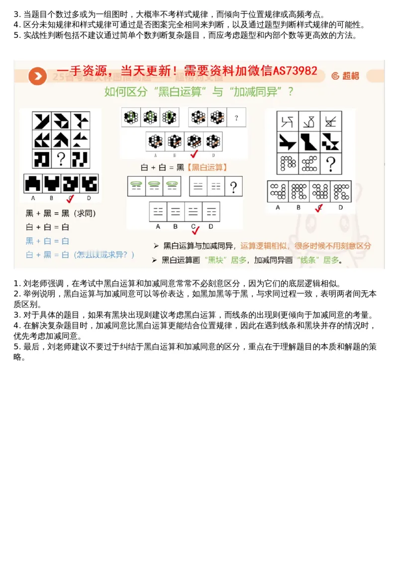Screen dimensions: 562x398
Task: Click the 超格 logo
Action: coord(345,76)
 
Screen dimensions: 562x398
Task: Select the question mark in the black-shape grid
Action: coord(61,159)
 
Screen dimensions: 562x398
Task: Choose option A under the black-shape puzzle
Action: coord(33,184)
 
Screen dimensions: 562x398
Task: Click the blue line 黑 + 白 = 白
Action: coord(47,241)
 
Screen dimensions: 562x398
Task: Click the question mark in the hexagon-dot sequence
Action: coord(236,118)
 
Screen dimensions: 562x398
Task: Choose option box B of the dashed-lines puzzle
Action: coord(176,211)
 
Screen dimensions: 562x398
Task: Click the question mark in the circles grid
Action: coord(331,163)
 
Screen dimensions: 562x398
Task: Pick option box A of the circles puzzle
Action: coord(278,191)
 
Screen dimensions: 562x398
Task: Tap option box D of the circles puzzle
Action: coord(341,191)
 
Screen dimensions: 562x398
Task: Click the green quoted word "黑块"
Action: coord(216,260)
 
